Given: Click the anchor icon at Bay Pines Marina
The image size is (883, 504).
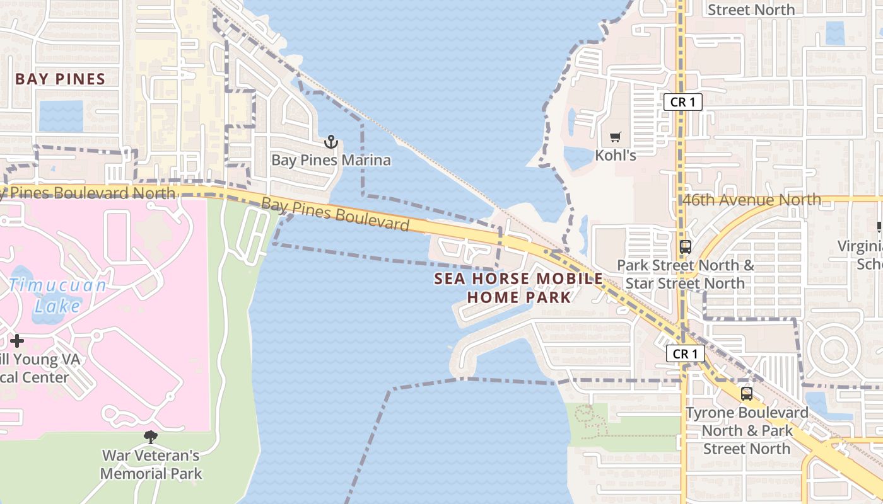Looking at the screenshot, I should [331, 142].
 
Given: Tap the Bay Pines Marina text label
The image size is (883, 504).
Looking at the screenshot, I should [331, 160].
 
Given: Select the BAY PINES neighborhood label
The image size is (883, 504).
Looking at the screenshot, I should [60, 79].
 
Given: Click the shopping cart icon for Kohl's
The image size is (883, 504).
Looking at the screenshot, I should [616, 137].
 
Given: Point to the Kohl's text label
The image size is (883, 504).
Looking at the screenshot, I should [616, 155].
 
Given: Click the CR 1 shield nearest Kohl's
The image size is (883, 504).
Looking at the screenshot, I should [682, 102].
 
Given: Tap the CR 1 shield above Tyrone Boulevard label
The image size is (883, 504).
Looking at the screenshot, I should [686, 354].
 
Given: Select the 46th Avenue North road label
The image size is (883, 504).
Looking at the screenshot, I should [752, 200].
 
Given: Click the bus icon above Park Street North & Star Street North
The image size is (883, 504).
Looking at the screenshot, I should [686, 247].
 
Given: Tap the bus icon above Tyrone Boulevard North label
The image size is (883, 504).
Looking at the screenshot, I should [747, 394].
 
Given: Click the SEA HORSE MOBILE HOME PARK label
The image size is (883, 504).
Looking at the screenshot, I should [518, 288].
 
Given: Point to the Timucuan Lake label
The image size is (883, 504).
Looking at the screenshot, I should [58, 295].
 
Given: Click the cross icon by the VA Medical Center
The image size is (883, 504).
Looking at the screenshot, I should [17, 341].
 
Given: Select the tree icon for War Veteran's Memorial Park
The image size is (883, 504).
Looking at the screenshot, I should [151, 437].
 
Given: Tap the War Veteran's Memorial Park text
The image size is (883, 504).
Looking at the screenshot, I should [151, 464].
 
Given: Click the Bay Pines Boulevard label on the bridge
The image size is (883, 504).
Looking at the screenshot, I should [335, 214].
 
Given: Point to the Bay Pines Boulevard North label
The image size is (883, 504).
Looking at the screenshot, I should [88, 192].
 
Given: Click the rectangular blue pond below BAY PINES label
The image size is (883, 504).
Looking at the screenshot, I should [61, 116].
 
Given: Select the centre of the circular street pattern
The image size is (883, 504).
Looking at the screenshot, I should [833, 348].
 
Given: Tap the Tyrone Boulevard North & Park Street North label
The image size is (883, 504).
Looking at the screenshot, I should [747, 431].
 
